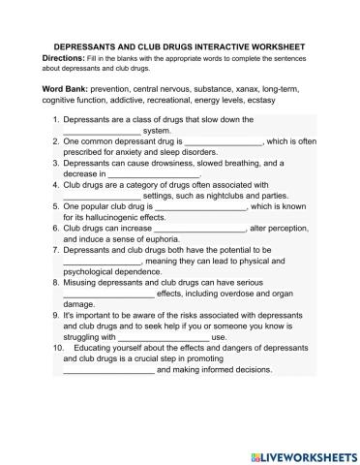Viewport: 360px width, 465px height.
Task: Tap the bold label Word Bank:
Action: tap(67, 89)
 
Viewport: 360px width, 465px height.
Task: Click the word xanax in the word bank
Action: tap(240, 89)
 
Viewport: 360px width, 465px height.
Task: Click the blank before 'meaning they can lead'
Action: tap(102, 259)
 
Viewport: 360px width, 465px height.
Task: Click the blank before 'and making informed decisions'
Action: tap(107, 369)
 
